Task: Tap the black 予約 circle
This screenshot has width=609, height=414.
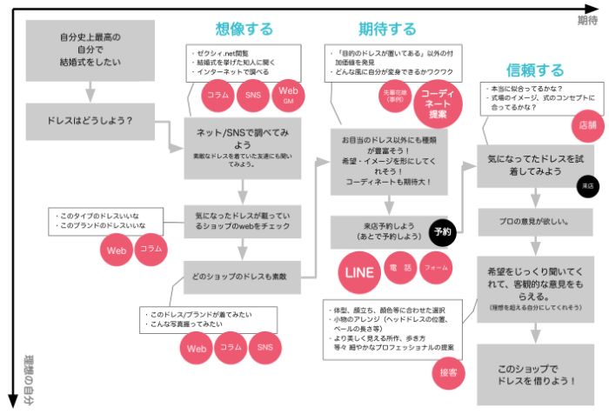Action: coord(442,232)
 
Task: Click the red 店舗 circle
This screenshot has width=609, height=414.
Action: coord(588,125)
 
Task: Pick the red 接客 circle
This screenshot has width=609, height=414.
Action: coord(449,371)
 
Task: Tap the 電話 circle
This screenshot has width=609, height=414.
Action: coord(401,268)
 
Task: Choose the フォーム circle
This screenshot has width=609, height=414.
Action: coord(437,268)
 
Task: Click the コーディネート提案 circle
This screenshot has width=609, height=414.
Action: coord(439,102)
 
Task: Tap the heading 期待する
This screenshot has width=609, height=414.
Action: coord(387,29)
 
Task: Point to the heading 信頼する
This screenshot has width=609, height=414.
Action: coord(535,70)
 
